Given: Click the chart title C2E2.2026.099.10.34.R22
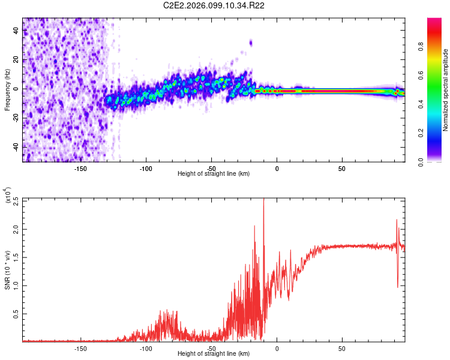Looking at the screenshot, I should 214,6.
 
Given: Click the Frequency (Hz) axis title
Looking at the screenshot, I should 8,89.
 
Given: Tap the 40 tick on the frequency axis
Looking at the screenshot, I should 17,31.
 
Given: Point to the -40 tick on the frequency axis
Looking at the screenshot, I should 17,147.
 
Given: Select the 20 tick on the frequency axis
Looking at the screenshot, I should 17,60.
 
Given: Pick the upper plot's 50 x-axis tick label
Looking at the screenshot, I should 341,168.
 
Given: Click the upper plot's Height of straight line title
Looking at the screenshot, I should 214,173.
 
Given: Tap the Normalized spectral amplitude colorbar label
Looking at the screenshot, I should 445,90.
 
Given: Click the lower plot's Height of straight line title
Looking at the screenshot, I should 214,353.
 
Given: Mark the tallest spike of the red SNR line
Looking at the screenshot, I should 263,201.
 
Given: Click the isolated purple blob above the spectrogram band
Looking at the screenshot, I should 251,43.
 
